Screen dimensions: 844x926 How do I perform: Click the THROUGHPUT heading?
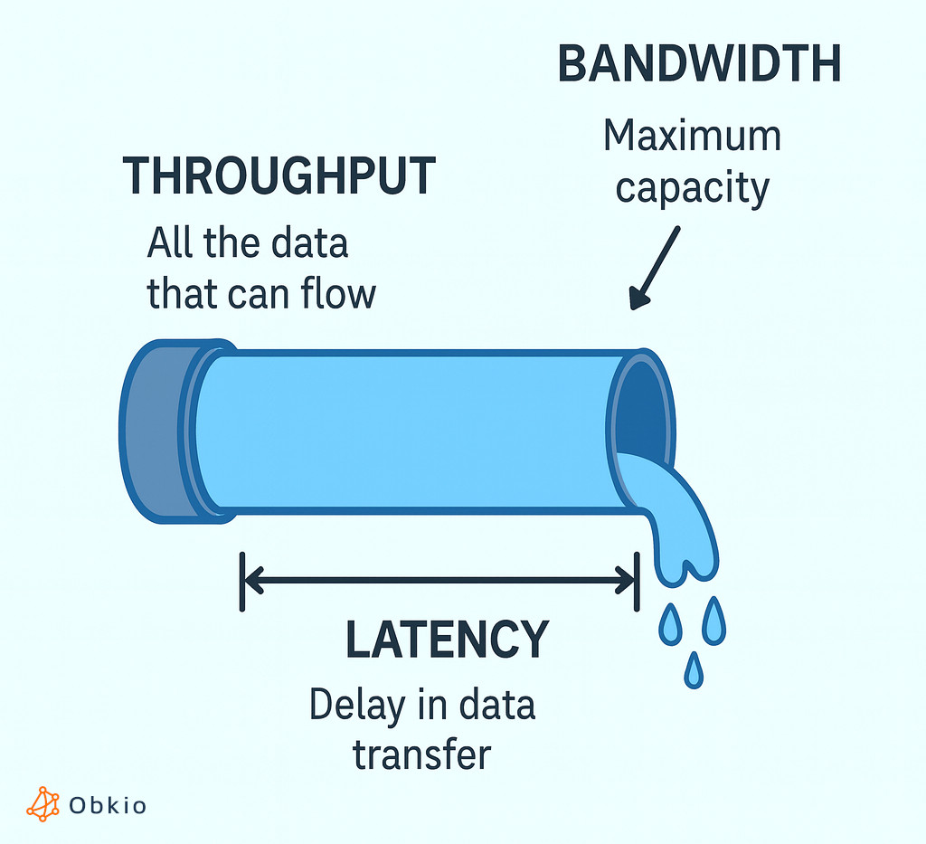pos(279,176)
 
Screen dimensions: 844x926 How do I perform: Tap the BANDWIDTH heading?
pos(699,65)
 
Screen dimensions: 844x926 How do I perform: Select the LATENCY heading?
pos(447,640)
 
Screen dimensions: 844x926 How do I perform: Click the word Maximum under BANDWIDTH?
pos(692,137)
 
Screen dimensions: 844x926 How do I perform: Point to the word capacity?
pos(692,189)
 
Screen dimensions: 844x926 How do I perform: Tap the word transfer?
pos(421,754)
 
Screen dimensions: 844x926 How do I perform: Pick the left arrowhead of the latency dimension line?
pos(253,580)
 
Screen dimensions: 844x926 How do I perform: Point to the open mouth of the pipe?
pos(644,407)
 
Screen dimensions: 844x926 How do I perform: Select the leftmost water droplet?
pos(670,626)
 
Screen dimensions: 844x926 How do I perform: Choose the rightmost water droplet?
pos(713,621)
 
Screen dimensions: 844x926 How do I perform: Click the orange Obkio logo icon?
pos(43,804)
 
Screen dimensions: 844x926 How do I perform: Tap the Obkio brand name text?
pos(108,805)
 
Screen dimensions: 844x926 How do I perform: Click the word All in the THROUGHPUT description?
pos(169,244)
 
